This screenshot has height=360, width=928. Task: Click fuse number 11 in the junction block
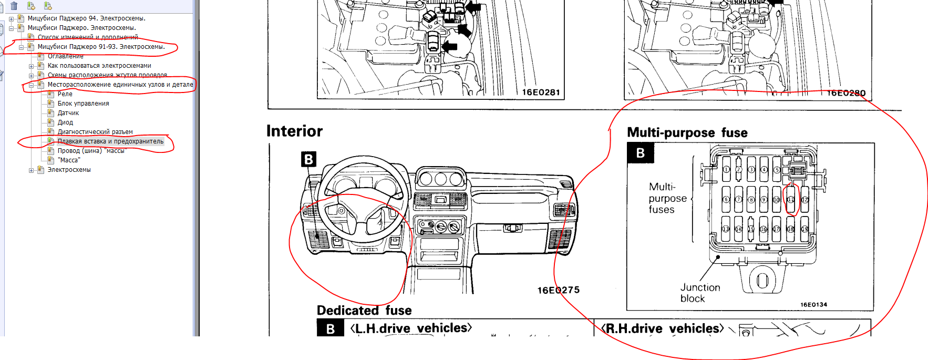pyautogui.click(x=790, y=200)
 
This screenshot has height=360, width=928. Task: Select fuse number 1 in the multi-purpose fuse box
pyautogui.click(x=726, y=170)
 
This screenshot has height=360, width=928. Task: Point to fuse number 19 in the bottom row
pyautogui.click(x=804, y=229)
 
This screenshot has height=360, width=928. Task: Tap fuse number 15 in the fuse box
pyautogui.click(x=751, y=229)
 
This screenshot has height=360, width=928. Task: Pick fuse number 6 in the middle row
pyautogui.click(x=726, y=200)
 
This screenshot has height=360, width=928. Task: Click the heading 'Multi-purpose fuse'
pyautogui.click(x=687, y=132)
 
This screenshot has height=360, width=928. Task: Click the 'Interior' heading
pyautogui.click(x=294, y=131)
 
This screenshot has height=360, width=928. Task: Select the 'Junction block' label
pyautogui.click(x=699, y=293)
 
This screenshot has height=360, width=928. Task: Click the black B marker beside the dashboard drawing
pyautogui.click(x=308, y=159)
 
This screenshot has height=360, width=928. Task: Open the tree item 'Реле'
pyautogui.click(x=65, y=94)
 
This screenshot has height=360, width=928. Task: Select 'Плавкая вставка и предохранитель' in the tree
pyautogui.click(x=110, y=141)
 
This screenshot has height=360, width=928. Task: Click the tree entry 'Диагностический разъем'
pyautogui.click(x=95, y=132)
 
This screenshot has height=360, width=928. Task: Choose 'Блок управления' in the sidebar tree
pyautogui.click(x=83, y=104)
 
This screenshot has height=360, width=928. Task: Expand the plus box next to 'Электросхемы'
pyautogui.click(x=32, y=170)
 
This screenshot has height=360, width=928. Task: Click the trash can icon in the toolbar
pyautogui.click(x=14, y=6)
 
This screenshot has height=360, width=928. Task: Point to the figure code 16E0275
pyautogui.click(x=558, y=290)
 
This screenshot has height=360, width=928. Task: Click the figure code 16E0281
pyautogui.click(x=541, y=92)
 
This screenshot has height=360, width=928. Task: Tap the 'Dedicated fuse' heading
pyautogui.click(x=364, y=311)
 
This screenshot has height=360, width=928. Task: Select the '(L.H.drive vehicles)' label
pyautogui.click(x=411, y=328)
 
